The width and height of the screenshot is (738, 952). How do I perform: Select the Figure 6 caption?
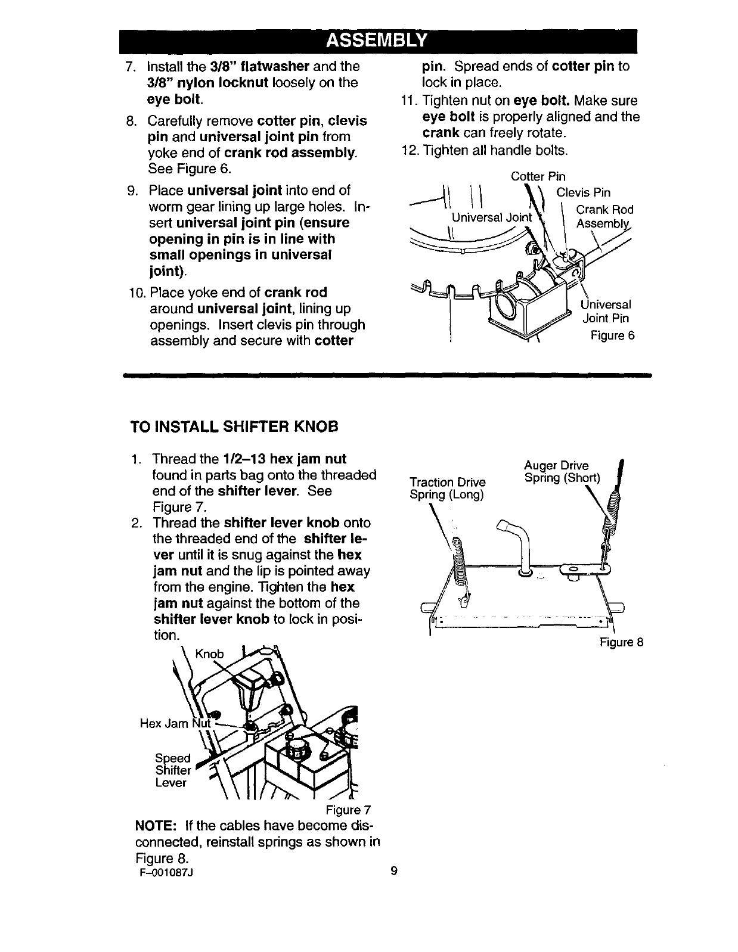pos(612,335)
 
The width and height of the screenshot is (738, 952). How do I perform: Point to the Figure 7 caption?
pos(348,810)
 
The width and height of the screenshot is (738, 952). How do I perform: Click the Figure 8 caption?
pos(621,642)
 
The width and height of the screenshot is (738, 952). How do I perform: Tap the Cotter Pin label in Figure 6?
pos(538,177)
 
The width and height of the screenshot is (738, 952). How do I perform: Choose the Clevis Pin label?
pos(583,192)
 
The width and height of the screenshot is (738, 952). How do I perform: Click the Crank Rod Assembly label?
pos(604,217)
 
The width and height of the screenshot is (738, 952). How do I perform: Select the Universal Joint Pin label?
pos(606,312)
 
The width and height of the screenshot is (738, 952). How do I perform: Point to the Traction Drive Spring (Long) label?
pos(448,489)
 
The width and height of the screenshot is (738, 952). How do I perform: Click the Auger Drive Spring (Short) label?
pos(563,472)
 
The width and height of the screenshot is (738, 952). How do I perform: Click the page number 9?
pos(393,872)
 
